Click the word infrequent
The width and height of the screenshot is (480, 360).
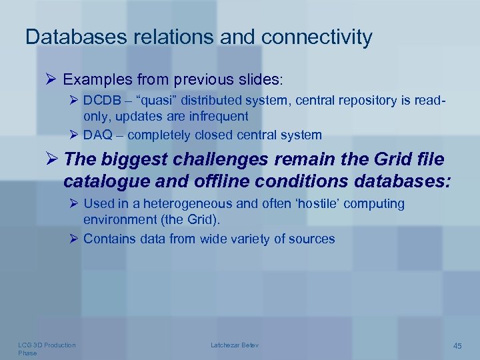214,117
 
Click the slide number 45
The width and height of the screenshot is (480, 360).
457,345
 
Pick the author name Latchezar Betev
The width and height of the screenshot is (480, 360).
235,345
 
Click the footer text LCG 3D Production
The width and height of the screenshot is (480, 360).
47,345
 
